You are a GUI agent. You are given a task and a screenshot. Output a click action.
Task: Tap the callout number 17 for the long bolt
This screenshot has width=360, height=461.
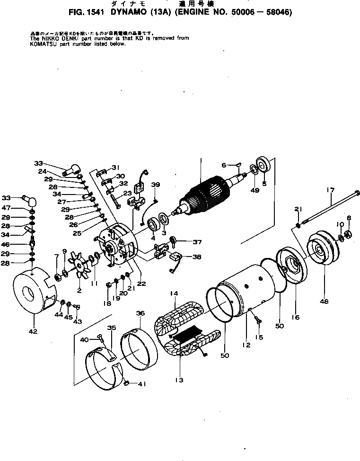[330, 190]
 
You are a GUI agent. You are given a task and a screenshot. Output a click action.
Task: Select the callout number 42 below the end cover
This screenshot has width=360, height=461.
[33, 331]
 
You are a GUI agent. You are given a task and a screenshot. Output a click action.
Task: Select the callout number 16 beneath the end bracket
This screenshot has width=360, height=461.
[296, 317]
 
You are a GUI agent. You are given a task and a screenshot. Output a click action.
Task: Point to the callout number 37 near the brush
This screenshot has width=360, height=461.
[197, 242]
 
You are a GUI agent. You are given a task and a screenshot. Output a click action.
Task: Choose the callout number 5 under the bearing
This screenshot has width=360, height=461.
[264, 183]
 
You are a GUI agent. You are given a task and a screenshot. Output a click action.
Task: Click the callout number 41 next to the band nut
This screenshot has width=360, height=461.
[140, 384]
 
